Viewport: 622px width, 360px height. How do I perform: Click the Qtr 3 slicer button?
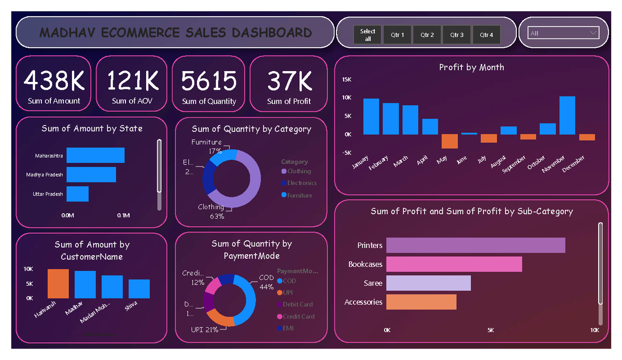pos(457,35)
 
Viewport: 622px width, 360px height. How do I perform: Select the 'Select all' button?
pos(367,35)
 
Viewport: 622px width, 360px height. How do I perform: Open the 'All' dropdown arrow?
pos(593,33)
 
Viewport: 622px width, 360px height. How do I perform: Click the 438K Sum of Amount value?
pos(54,81)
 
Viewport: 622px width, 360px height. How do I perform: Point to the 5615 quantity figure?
pos(209,81)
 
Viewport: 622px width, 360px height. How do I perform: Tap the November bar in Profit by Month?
pos(567,115)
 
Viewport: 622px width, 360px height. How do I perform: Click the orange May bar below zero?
pos(449,141)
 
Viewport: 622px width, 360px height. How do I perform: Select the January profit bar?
pos(371,116)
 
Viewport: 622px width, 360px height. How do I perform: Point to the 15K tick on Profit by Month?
pos(346,79)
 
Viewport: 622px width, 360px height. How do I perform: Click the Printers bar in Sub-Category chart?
pos(475,245)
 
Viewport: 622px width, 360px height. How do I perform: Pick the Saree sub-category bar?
pos(428,283)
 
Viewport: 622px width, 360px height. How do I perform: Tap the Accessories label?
pos(363,302)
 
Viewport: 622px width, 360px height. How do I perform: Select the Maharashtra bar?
pos(95,156)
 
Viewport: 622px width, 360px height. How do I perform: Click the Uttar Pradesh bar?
pos(78,194)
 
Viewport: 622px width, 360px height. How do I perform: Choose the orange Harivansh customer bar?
pos(58,283)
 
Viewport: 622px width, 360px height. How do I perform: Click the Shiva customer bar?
pos(139,288)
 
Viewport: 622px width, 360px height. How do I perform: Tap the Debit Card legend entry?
pos(298,304)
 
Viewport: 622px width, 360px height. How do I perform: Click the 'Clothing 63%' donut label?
pos(211,211)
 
